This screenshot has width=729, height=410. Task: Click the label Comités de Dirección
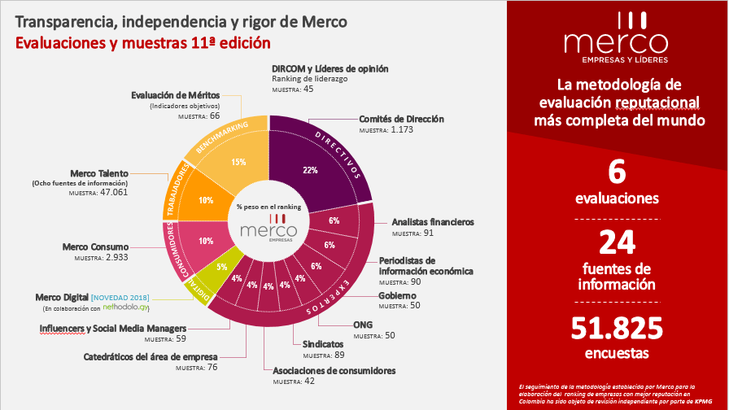coord(401,119)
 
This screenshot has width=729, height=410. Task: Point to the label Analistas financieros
coord(432,222)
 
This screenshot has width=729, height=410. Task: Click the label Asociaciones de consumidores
coord(334,370)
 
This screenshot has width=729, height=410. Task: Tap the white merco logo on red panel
coord(616,45)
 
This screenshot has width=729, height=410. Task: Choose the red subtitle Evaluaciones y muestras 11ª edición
coord(142,41)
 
